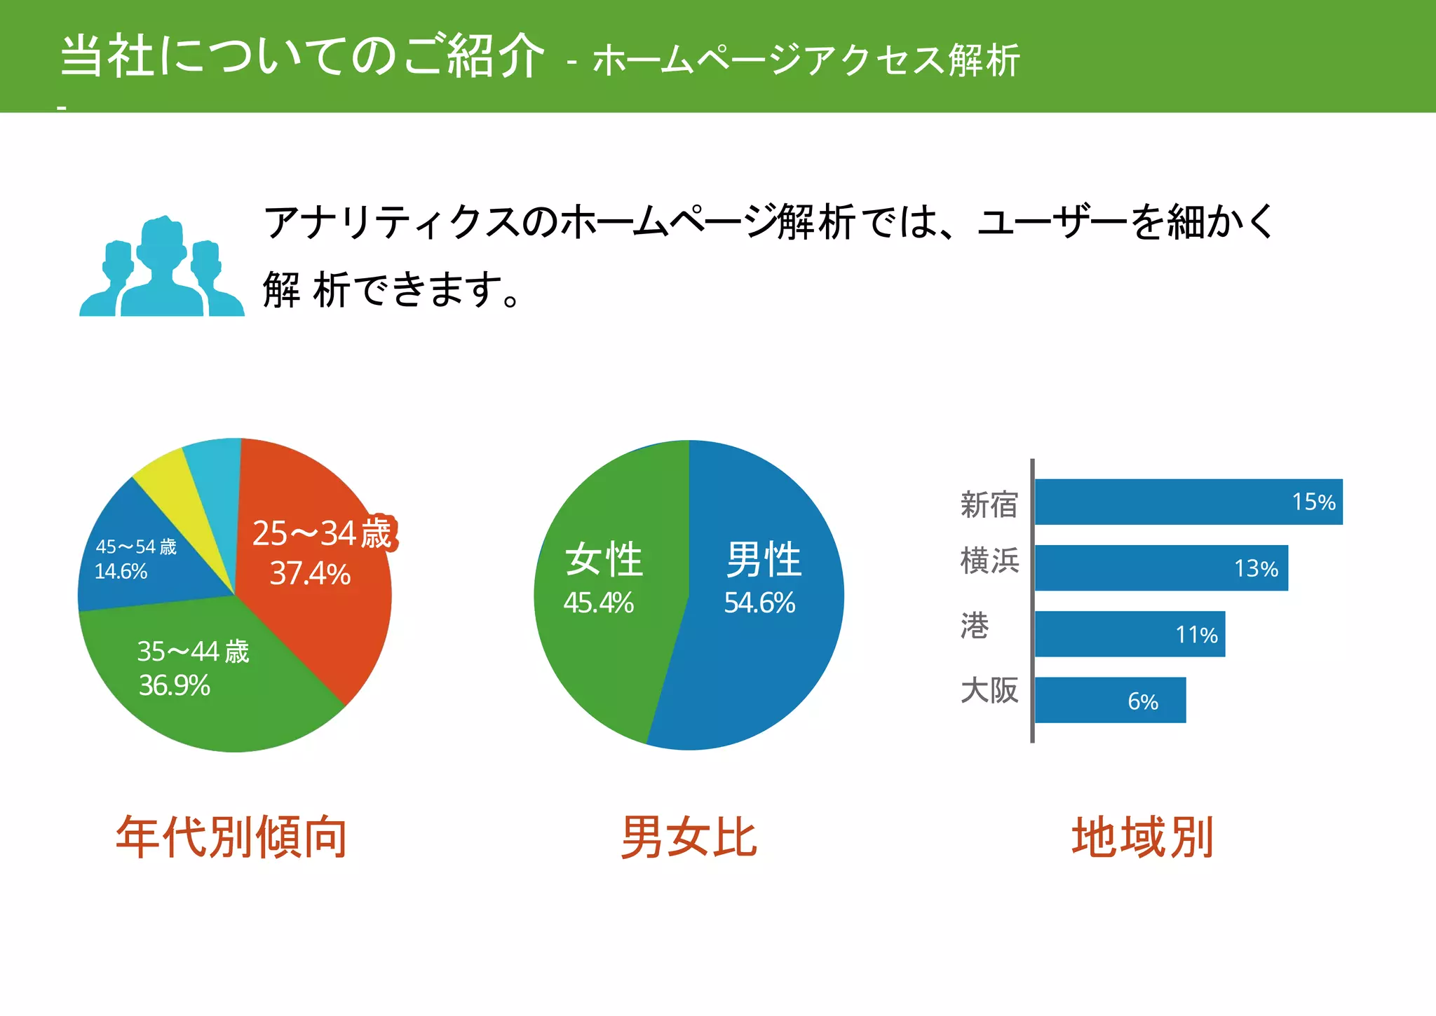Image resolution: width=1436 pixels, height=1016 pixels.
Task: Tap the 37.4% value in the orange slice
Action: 310,574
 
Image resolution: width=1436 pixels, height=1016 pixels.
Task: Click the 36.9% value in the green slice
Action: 175,685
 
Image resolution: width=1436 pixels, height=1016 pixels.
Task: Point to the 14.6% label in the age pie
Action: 121,572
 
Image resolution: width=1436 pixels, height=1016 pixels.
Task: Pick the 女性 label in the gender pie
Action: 604,559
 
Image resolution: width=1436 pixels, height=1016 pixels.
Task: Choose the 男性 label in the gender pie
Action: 764,559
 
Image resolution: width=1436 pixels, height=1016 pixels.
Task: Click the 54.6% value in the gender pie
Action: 759,603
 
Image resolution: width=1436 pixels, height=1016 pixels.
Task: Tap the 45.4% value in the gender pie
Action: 598,603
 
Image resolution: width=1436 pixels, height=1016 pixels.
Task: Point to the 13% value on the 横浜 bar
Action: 1256,568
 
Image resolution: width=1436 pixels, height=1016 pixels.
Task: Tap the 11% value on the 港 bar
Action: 1196,635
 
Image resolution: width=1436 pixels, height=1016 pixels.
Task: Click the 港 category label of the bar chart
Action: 975,626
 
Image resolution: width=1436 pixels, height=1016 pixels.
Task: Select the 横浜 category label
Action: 989,561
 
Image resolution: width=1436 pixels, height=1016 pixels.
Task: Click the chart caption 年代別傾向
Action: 231,837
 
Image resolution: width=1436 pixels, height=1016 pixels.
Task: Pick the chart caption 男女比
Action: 689,837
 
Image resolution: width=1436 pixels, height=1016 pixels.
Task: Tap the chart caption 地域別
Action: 1143,837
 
